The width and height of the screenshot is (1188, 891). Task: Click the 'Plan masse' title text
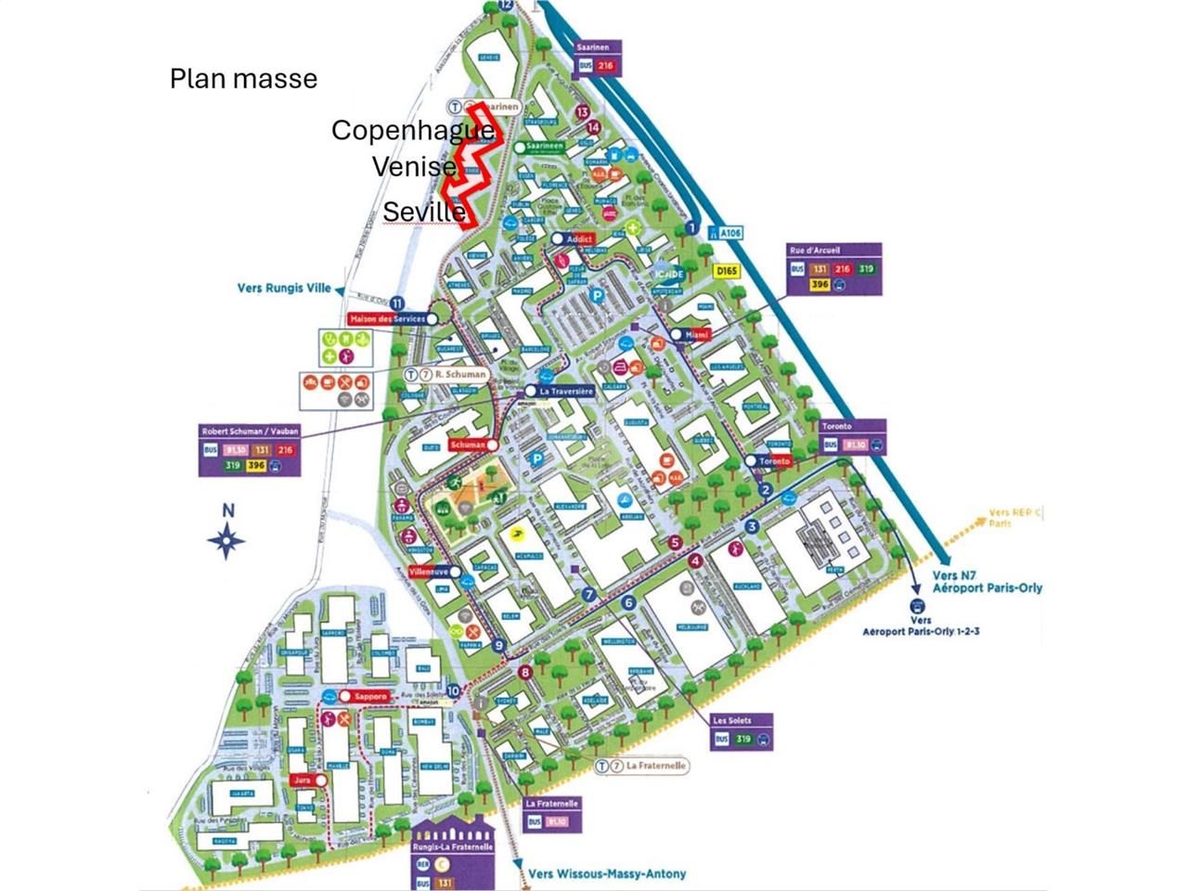[x=243, y=79]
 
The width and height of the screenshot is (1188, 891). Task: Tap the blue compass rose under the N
[x=226, y=539]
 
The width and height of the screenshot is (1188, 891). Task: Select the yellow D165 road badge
[x=727, y=271]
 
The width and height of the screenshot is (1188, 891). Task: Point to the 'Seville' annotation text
[x=424, y=212]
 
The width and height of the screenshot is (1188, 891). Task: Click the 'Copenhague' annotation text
[x=412, y=130]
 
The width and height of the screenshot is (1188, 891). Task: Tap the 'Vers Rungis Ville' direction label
[x=284, y=289]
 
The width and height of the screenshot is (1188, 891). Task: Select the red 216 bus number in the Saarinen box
[x=606, y=66]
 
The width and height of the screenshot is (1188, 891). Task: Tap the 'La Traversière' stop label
[x=564, y=392]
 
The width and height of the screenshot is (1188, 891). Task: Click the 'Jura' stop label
[x=303, y=781]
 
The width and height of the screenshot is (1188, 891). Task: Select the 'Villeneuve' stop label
[x=429, y=572]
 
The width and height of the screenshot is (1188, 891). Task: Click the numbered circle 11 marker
[x=397, y=303]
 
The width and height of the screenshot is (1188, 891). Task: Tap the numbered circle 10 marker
[x=453, y=691]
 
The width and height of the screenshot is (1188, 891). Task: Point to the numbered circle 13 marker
[x=583, y=112]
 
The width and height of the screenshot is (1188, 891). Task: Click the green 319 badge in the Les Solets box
[x=742, y=740]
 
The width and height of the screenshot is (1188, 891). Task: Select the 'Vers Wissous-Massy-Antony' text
[x=607, y=873]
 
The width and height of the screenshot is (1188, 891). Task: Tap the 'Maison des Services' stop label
[x=387, y=318]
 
